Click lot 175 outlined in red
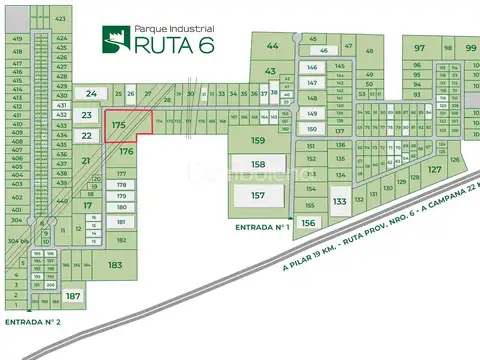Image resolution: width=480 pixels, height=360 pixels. [x=119, y=125]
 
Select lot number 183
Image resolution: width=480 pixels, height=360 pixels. [x=115, y=265]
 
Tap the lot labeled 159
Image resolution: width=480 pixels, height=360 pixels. [x=258, y=141]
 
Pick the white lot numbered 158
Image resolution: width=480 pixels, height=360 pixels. [x=258, y=164]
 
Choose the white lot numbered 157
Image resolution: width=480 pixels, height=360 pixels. [x=258, y=195]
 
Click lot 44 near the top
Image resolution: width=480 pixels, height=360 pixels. [x=273, y=46]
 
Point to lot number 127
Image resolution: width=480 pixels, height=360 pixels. [x=434, y=170]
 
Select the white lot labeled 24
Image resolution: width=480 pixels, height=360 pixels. [x=91, y=94]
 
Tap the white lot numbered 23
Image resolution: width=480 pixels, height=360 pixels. [x=87, y=116]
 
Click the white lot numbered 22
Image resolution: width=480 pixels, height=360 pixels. [x=87, y=136]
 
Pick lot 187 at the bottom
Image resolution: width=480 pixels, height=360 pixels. [x=72, y=297]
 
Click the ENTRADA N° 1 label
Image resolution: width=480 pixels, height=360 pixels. [x=262, y=228]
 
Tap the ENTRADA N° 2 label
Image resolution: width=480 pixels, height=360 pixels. [x=33, y=322]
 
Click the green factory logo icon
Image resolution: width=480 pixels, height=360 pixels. [x=115, y=39]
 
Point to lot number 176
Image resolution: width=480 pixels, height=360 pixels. [x=126, y=152]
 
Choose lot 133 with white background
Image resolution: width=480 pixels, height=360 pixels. [x=339, y=202]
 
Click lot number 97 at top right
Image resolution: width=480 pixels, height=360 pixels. [x=420, y=48]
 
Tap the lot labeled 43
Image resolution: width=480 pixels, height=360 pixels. [x=270, y=71]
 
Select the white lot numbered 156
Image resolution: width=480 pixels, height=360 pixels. [x=309, y=223]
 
